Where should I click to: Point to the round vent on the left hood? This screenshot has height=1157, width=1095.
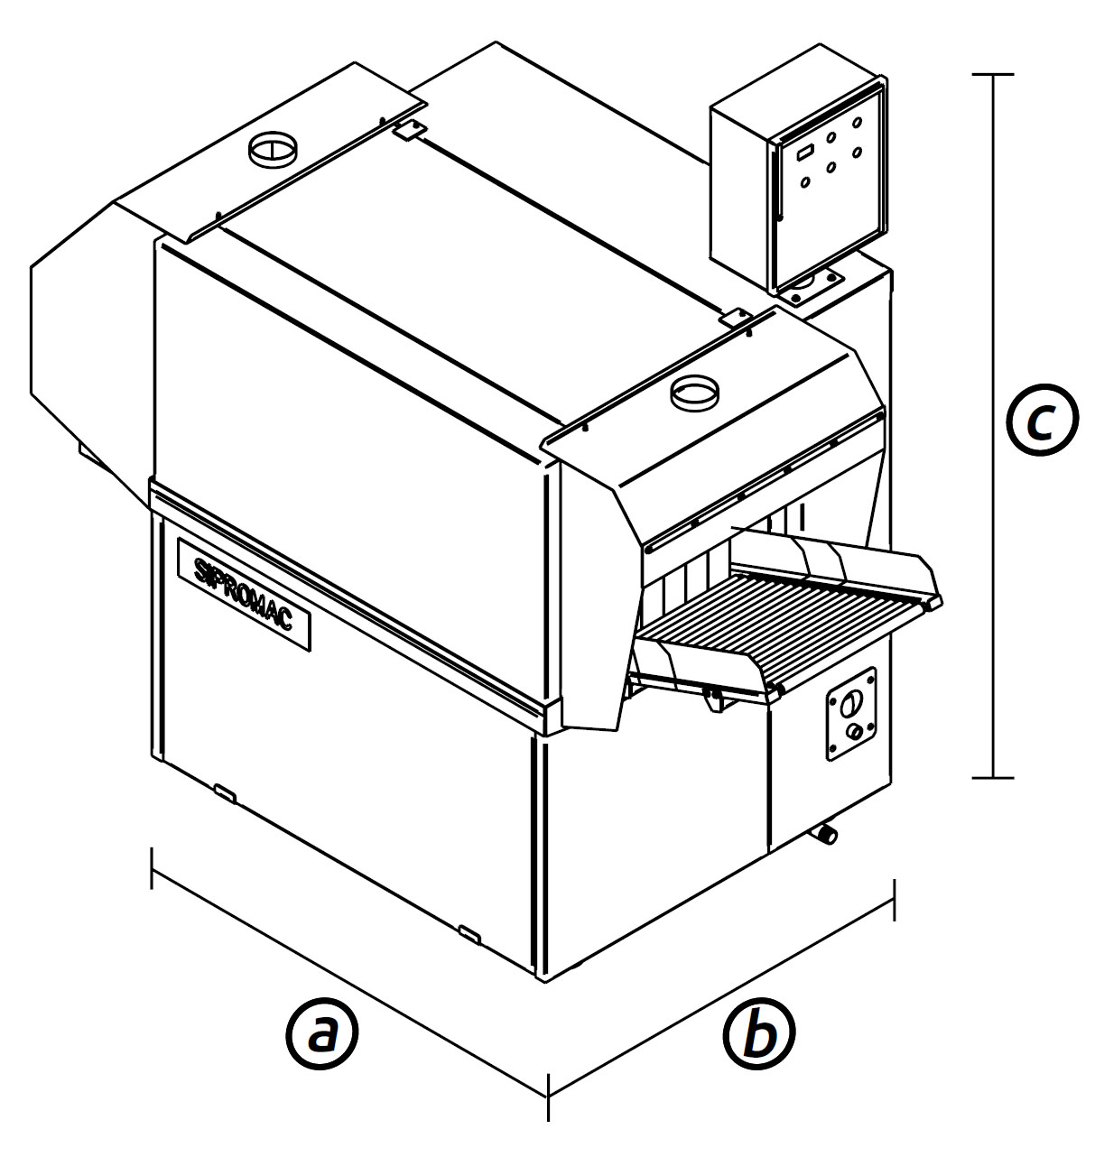pyautogui.click(x=272, y=148)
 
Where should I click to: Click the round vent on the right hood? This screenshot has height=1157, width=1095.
pyautogui.click(x=694, y=393)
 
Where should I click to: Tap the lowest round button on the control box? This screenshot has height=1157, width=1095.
pyautogui.click(x=805, y=181)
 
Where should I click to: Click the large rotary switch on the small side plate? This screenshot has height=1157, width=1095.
pyautogui.click(x=850, y=703)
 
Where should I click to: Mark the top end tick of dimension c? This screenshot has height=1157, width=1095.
pyautogui.click(x=992, y=75)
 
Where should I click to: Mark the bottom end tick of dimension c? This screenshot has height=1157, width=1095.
pyautogui.click(x=992, y=777)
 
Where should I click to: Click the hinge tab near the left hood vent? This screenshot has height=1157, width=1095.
pyautogui.click(x=409, y=129)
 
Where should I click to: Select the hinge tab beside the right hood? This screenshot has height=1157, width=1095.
pyautogui.click(x=735, y=318)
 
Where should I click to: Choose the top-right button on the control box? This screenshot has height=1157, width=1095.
pyautogui.click(x=857, y=121)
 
